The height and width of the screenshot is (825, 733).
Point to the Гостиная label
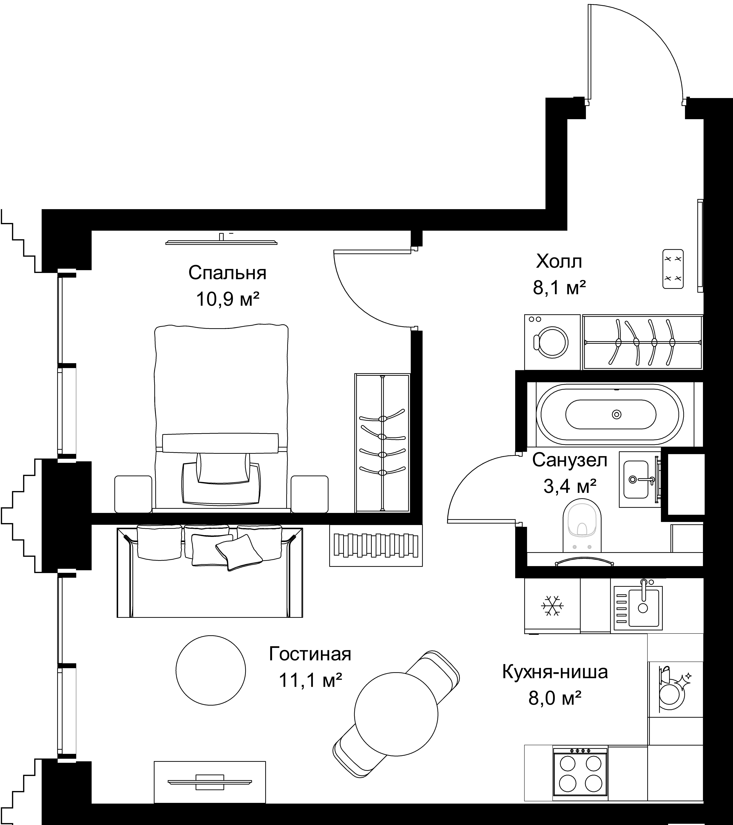[310, 654]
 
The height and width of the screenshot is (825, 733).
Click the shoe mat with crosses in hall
[673, 269]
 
